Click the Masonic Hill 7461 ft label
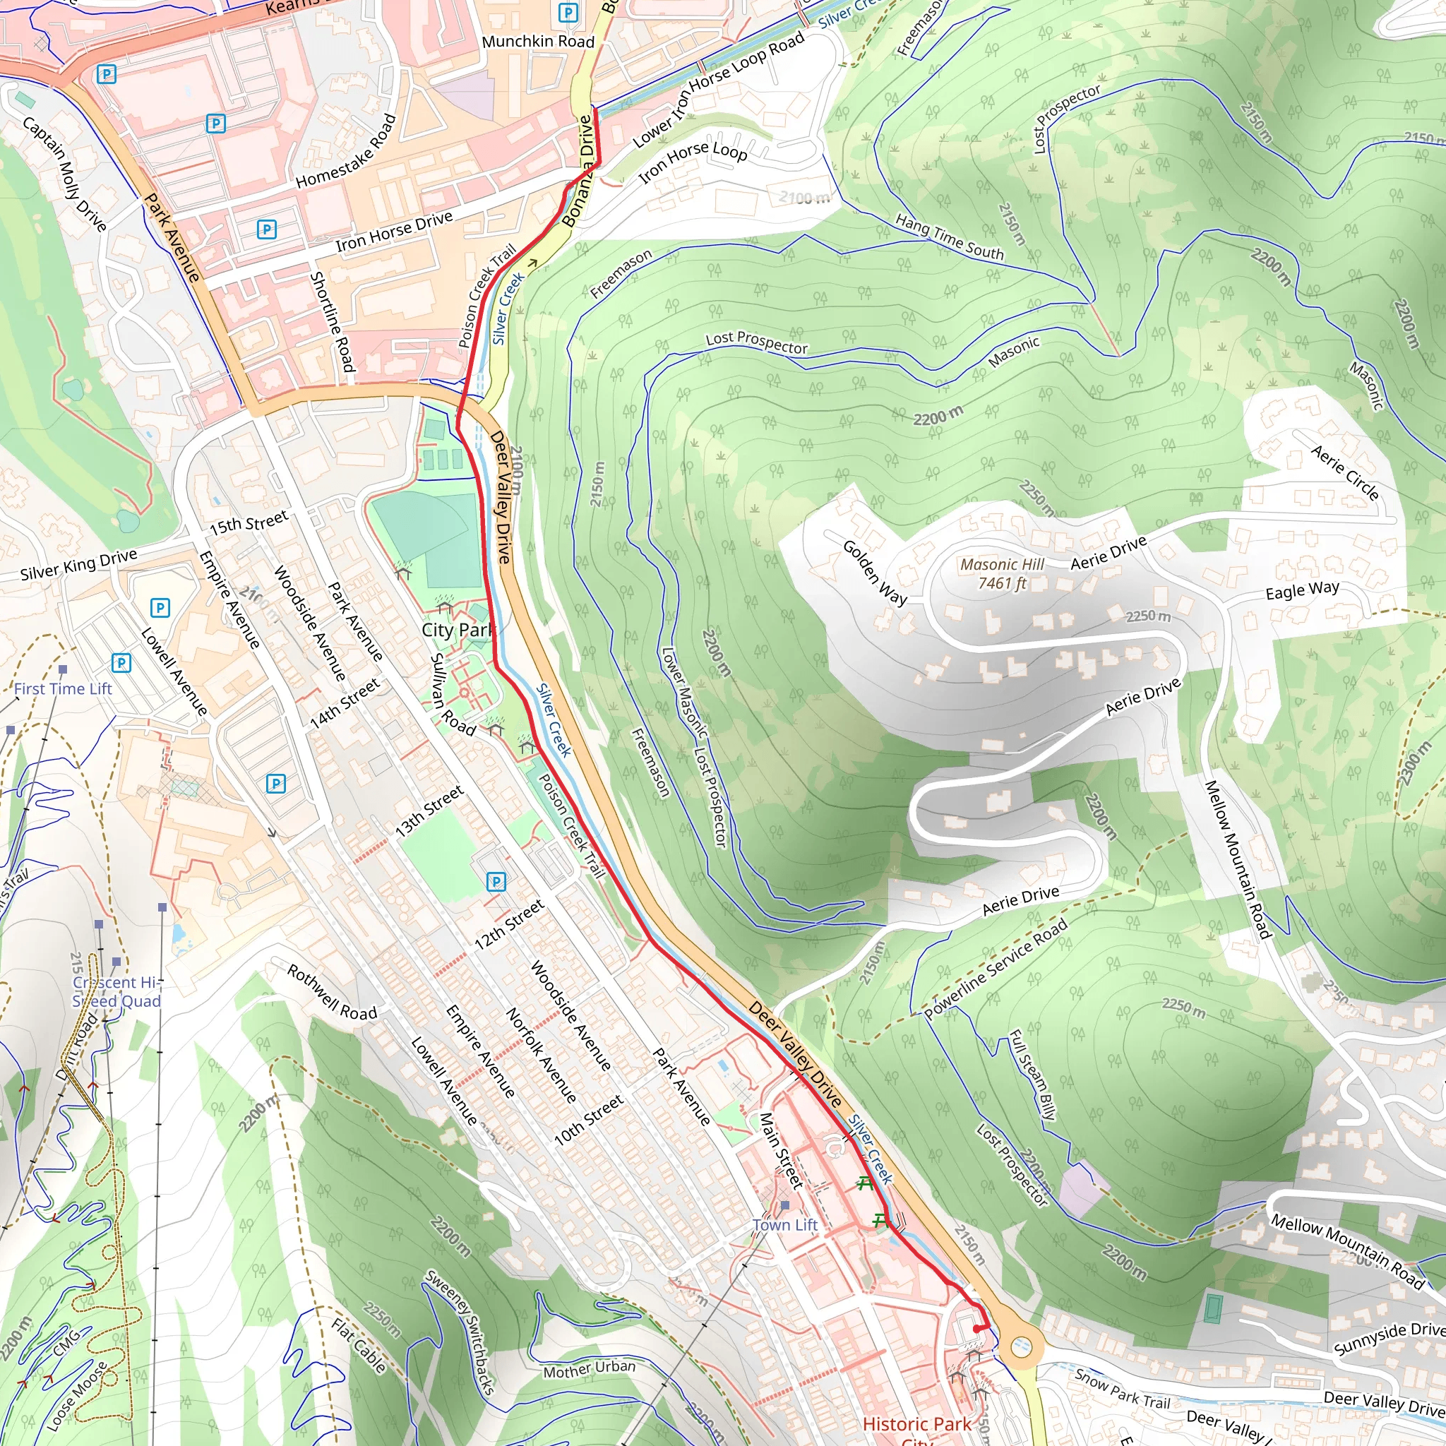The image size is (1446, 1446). [x=1002, y=574]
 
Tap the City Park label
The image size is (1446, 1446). [x=458, y=631]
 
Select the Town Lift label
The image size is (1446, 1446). [x=785, y=1225]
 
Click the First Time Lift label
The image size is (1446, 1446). [x=63, y=688]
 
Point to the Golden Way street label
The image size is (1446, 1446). [x=874, y=573]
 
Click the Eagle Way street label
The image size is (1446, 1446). [x=1302, y=590]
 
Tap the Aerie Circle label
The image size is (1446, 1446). [x=1345, y=472]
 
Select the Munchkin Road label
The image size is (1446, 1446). [x=537, y=42]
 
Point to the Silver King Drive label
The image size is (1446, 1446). [x=78, y=564]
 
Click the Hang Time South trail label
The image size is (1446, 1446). [x=949, y=237]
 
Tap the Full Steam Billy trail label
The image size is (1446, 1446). [x=1033, y=1075]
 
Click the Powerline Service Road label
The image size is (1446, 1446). [x=996, y=969]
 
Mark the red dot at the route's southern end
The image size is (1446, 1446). [x=976, y=1330]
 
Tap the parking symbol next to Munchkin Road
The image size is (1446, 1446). [x=568, y=13]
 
